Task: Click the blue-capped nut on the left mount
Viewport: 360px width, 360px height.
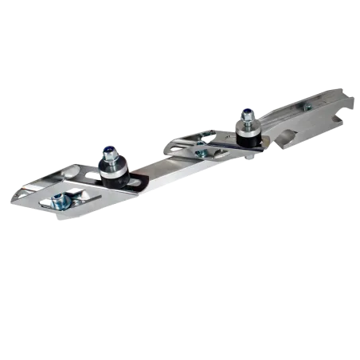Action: tap(108, 149)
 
